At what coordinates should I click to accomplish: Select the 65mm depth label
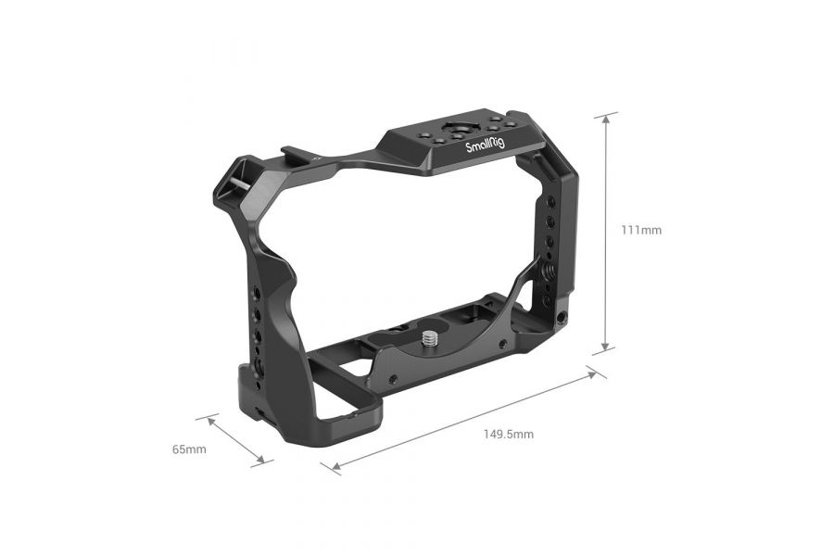pyautogui.click(x=189, y=449)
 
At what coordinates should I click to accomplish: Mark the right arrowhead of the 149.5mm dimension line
pyautogui.click(x=594, y=373)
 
